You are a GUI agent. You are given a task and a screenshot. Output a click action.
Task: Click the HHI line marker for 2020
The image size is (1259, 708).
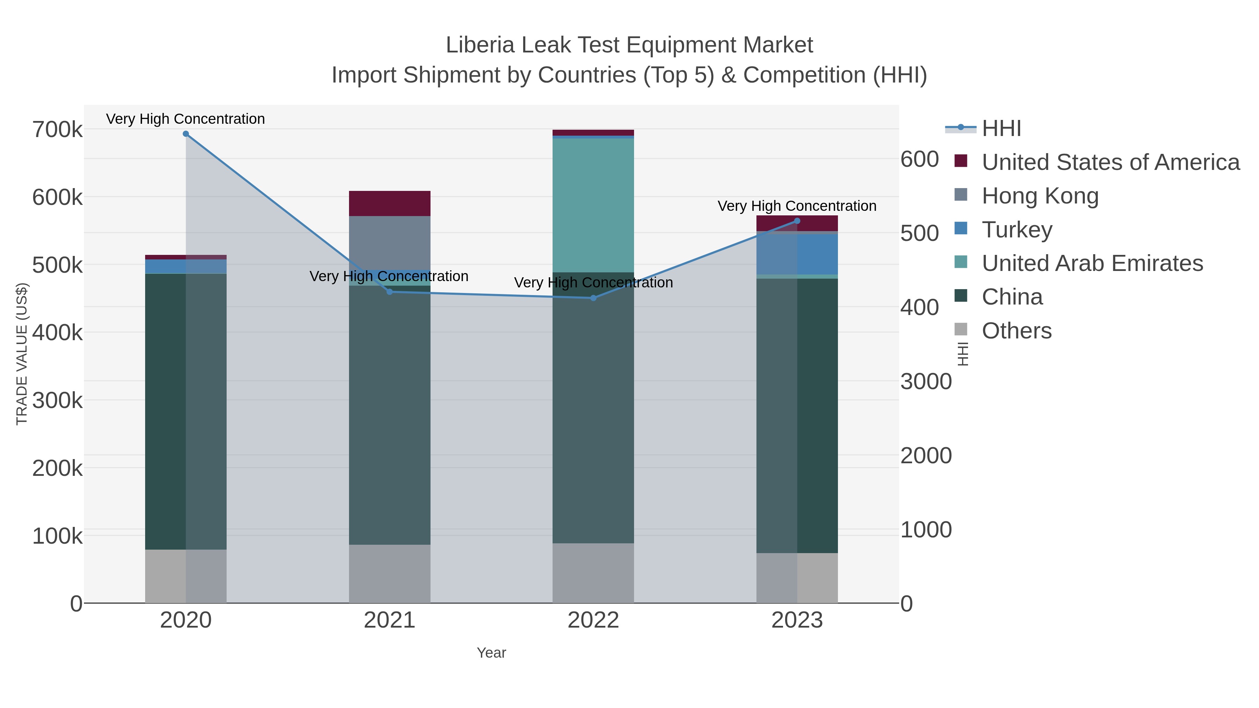point(186,134)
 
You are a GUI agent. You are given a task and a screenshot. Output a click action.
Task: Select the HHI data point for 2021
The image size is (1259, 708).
point(390,292)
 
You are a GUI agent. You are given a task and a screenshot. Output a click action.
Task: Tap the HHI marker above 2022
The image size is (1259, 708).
point(593,298)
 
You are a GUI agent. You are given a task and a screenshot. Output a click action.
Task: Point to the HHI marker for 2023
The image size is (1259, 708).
point(797,221)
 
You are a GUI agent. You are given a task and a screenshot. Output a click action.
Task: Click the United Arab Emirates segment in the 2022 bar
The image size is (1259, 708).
point(593,205)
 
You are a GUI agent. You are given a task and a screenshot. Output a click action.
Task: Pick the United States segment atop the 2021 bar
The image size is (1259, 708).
point(390,203)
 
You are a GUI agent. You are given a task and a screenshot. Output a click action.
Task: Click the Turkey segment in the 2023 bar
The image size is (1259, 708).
point(817,254)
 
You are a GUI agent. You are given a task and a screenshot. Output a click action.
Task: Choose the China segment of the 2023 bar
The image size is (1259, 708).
point(817,415)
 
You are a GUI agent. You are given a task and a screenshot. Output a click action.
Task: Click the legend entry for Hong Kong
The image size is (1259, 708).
point(1040,196)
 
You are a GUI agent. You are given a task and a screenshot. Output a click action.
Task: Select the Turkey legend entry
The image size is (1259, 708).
point(1017,230)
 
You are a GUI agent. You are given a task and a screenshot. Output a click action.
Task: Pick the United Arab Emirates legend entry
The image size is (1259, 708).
point(1092,263)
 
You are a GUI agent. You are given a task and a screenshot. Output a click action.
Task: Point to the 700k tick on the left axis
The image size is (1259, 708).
point(57,130)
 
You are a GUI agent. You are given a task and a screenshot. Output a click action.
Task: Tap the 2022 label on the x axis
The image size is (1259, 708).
point(593,621)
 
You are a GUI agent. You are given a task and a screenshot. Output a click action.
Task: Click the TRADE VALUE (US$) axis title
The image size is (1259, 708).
point(22,354)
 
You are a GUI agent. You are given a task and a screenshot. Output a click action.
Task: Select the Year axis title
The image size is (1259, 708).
point(491,653)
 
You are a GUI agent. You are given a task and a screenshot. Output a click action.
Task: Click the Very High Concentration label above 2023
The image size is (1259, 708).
point(797,206)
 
